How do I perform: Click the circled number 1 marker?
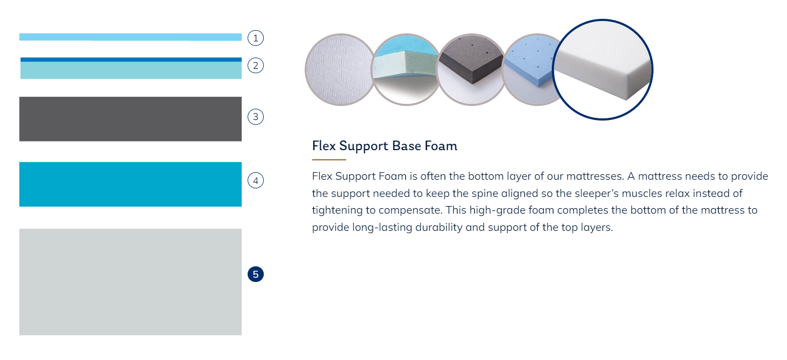tap(255, 38)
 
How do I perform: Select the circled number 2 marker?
tap(255, 65)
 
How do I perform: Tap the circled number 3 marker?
tap(255, 117)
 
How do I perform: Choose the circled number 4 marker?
tap(255, 180)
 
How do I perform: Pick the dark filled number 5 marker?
tap(255, 274)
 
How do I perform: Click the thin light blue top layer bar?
tap(130, 37)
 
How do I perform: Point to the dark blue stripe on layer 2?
tap(131, 60)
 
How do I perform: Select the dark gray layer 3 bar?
tap(130, 119)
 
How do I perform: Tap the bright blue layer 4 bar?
tap(130, 184)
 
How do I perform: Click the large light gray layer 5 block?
tap(130, 281)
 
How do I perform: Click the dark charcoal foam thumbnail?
tap(471, 69)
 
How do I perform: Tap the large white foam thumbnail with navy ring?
tap(602, 69)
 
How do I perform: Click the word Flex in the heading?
tap(324, 146)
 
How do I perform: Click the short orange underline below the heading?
tap(329, 159)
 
